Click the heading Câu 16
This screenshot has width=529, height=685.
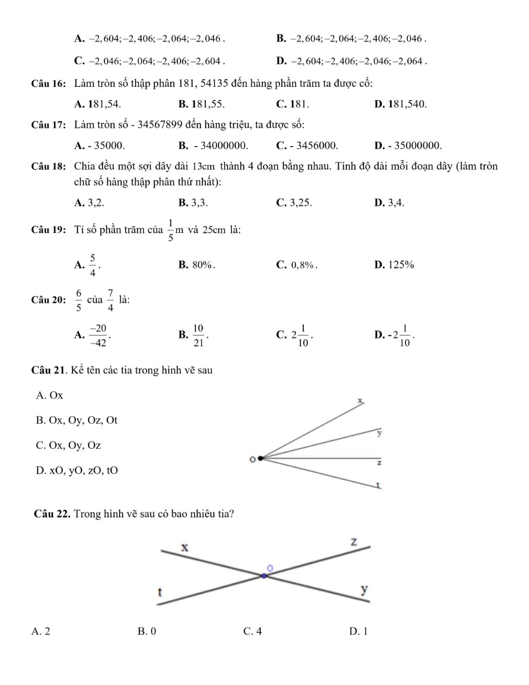coord(49,84)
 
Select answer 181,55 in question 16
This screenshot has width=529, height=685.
coord(202,104)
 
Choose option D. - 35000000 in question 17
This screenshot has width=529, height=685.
coord(408,146)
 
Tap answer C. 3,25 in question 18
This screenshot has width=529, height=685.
coord(294,203)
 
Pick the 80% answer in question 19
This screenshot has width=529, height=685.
coord(197,264)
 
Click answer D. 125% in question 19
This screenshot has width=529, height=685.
coord(394,264)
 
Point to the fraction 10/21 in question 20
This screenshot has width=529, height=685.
coord(198,335)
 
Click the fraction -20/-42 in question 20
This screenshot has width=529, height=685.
coord(98,335)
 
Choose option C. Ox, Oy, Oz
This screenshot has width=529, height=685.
coord(68,445)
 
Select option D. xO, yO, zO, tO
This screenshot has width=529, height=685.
coord(77,471)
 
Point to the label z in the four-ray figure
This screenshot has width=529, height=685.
coord(379,463)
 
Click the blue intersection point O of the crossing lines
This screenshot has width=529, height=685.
coord(264,575)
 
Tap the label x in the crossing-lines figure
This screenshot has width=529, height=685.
coord(185,547)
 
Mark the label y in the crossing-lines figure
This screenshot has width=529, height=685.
coord(364,589)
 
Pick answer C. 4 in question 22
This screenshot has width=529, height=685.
coord(252,631)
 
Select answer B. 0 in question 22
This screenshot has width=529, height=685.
coord(147,631)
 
